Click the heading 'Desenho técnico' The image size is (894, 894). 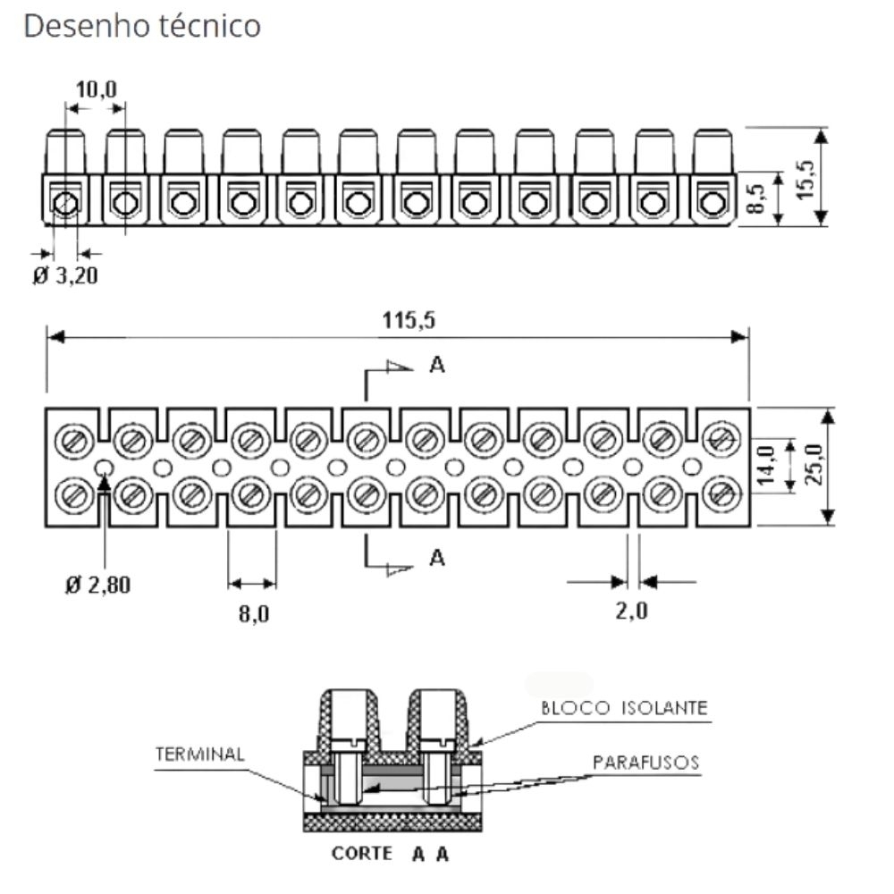142,26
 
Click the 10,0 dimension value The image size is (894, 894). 95,89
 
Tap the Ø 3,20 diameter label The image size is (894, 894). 65,276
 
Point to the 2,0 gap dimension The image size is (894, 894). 632,611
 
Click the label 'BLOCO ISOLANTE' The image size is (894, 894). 625,708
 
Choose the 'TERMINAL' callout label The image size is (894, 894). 200,754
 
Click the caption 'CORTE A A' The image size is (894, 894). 390,854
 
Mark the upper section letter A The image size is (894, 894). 436,365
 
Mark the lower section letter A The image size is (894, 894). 436,558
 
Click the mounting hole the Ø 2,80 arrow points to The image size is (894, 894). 105,466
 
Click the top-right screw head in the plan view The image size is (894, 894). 721,438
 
